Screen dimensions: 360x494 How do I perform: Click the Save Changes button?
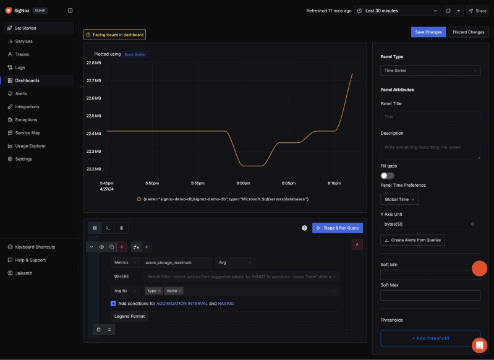click(x=428, y=32)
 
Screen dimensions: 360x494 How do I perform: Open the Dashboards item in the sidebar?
click(x=27, y=80)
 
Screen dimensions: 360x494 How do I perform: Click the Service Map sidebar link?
click(x=28, y=133)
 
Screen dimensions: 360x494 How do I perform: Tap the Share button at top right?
click(x=477, y=11)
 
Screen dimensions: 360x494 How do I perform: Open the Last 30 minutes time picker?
click(x=398, y=11)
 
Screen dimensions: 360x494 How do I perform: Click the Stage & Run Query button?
click(x=338, y=228)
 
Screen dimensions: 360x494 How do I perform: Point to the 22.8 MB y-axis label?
click(x=94, y=63)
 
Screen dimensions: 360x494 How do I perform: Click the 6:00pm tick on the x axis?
click(x=243, y=183)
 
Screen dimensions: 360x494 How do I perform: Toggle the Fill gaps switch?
click(x=388, y=176)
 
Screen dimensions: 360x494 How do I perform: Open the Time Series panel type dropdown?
click(x=430, y=71)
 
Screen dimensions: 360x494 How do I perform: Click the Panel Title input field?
click(x=430, y=116)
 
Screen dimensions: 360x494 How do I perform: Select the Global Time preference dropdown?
click(x=399, y=199)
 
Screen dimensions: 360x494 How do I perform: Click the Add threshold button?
click(x=430, y=338)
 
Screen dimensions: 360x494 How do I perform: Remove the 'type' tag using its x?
click(x=160, y=291)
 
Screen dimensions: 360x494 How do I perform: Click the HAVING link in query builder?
click(x=226, y=304)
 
